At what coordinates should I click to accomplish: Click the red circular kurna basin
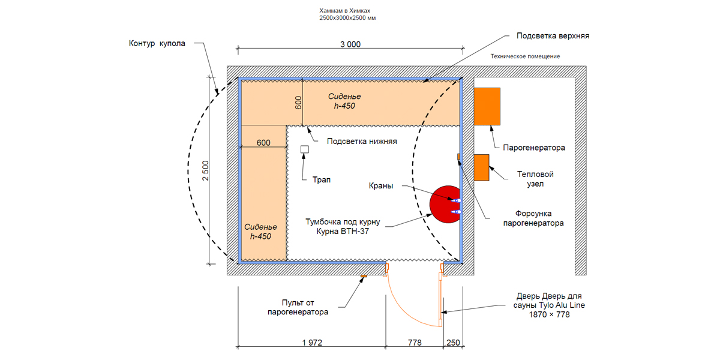tap(444, 204)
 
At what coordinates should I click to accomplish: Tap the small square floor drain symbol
tap(304, 149)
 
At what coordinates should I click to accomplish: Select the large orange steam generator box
tap(487, 106)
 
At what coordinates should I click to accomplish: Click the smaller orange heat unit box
tap(481, 167)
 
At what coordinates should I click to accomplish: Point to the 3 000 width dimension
tap(350, 44)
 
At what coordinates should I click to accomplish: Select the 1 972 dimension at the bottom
tap(312, 343)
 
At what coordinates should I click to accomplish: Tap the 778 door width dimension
tap(414, 343)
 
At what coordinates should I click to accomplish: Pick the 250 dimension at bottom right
tap(453, 343)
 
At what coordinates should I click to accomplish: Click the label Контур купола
tap(157, 44)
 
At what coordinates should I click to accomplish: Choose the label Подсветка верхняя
tap(553, 36)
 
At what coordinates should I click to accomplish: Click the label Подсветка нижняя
tap(362, 142)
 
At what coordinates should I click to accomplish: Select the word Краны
tap(381, 186)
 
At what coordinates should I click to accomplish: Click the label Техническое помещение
tap(525, 56)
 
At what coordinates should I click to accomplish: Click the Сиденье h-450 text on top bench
tap(344, 101)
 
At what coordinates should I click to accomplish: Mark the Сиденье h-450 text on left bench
tap(260, 232)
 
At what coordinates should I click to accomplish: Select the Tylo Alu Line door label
tap(550, 305)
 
